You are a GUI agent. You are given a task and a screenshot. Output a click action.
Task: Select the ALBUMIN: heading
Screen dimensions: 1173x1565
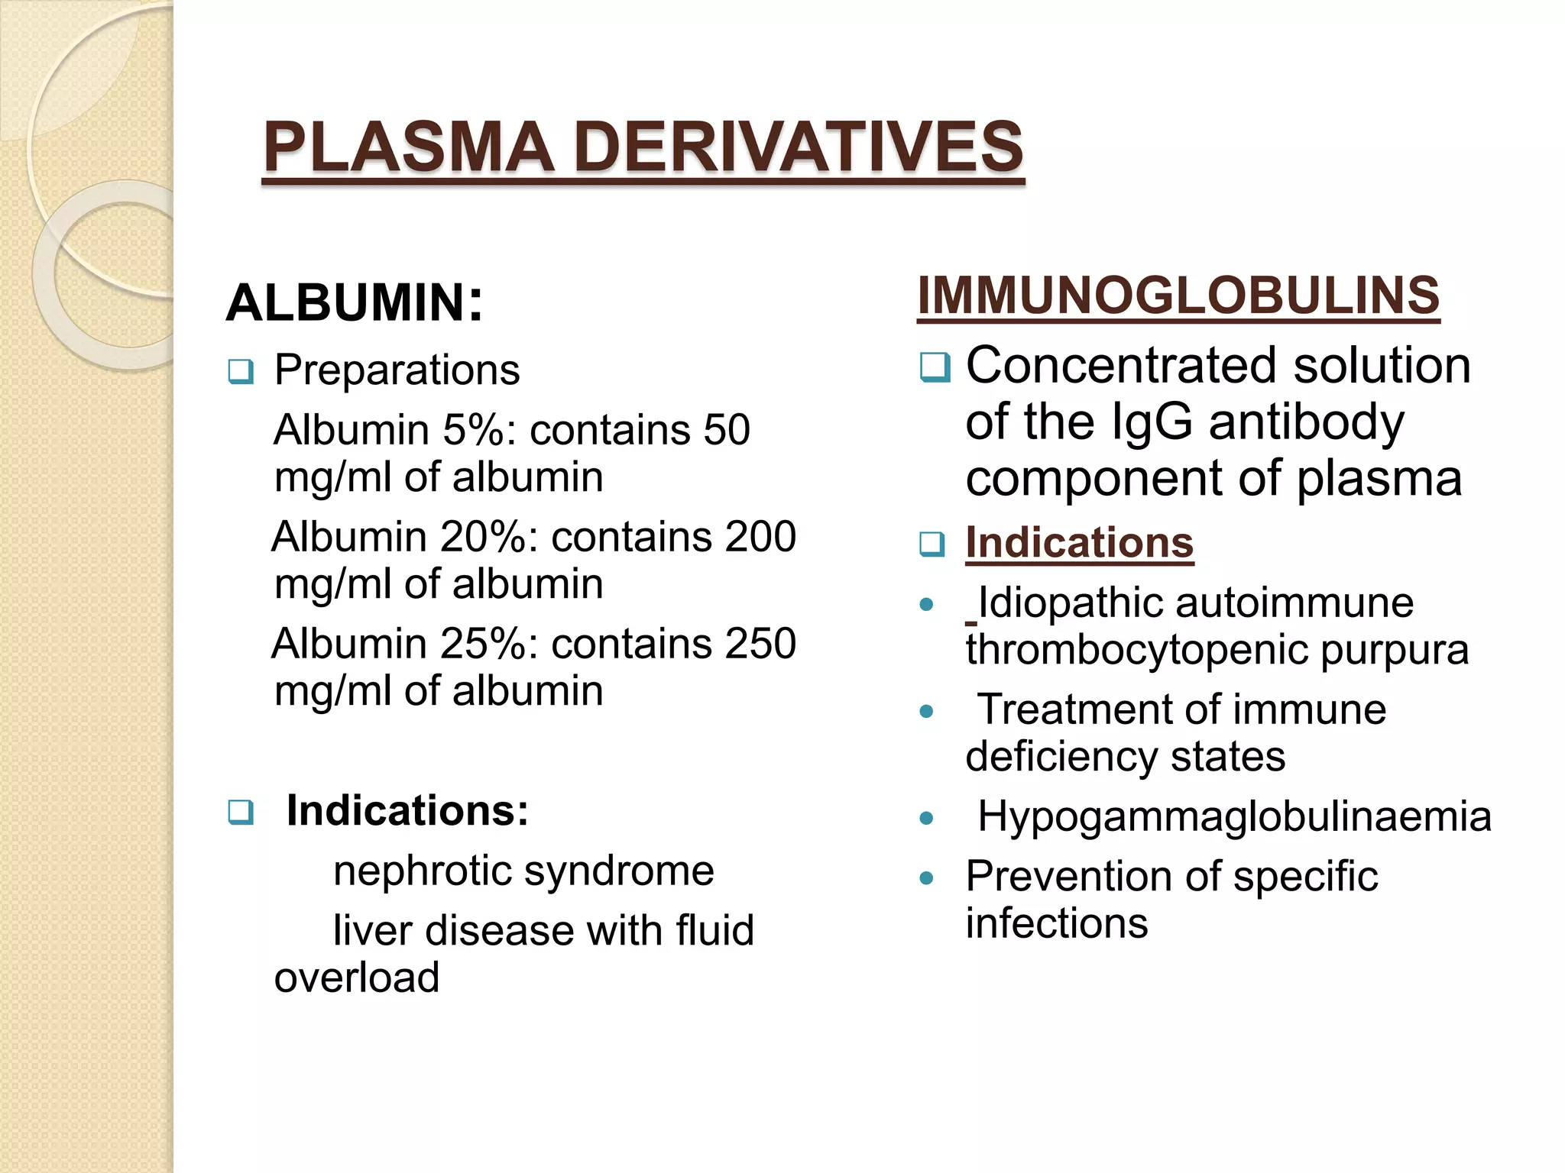[x=355, y=303]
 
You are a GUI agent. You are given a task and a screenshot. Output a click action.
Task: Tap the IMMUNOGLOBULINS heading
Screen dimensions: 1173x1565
[x=1178, y=296]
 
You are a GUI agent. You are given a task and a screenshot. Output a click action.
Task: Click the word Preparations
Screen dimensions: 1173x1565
[x=397, y=370]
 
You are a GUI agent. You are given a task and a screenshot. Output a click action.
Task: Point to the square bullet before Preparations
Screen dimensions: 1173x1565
[x=241, y=373]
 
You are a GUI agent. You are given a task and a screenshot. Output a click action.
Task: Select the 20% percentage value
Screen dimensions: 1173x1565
[x=489, y=537]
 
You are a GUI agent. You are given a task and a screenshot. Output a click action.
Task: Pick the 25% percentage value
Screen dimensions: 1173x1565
[x=489, y=644]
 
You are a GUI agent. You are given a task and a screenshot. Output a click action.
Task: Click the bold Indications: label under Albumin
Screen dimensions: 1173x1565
[x=407, y=810]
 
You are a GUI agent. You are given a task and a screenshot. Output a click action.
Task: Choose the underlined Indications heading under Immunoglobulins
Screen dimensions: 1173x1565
[x=1079, y=543]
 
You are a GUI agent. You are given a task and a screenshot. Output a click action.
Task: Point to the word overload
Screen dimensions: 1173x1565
[x=357, y=977]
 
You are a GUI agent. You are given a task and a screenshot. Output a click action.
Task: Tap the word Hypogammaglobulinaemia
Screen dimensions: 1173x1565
[x=1234, y=816]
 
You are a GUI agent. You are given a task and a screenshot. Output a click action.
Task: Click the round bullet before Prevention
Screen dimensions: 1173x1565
[x=927, y=878]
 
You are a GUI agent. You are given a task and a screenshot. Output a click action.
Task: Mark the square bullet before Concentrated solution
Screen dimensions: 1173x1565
[x=935, y=368]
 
